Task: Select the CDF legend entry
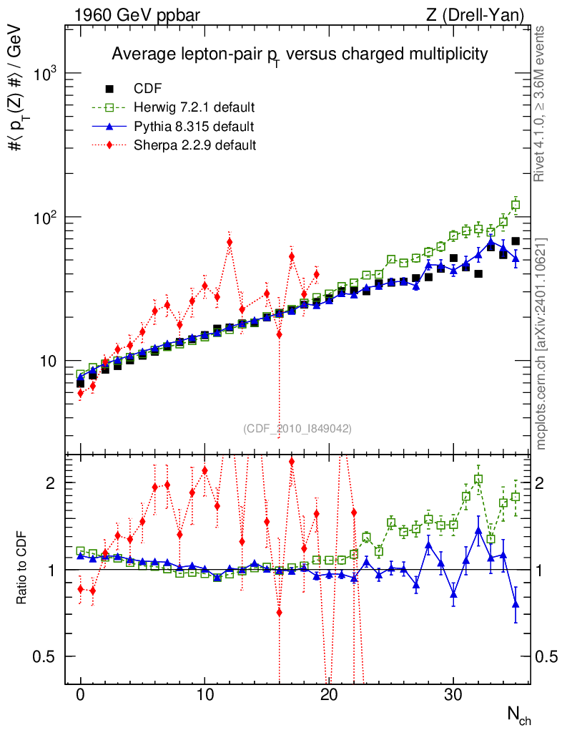coord(148,89)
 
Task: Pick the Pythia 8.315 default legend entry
coord(194,127)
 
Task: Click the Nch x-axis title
coord(518,714)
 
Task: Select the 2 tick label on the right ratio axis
coord(543,483)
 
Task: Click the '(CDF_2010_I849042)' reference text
coord(297,428)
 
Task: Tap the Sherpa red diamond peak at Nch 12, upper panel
coord(230,242)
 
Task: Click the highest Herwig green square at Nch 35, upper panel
coord(516,205)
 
